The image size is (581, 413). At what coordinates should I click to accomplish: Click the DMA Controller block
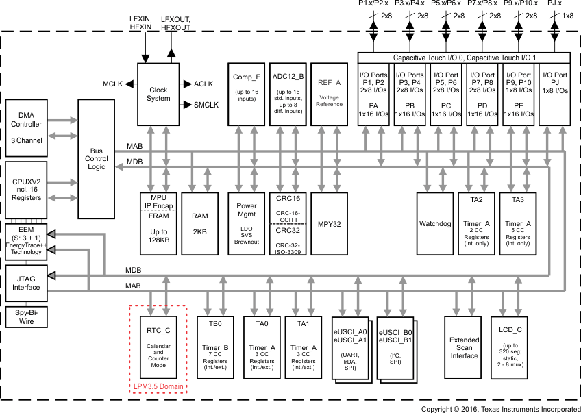26,127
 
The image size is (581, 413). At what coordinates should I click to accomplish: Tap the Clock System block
158,95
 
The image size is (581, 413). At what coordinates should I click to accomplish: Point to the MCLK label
112,84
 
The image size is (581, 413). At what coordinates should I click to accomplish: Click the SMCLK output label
206,105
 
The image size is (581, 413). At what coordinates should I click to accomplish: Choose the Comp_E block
247,94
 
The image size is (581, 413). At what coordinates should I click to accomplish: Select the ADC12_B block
287,94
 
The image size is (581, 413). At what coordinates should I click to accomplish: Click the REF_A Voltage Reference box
329,94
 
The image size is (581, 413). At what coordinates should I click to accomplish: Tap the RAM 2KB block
199,223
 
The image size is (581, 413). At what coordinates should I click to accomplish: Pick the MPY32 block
329,223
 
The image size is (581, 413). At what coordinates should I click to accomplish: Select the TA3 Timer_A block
517,223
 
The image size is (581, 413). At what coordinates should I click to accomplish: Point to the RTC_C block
158,347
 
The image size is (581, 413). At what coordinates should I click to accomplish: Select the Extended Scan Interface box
464,347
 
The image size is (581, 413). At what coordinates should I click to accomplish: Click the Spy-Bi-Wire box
26,316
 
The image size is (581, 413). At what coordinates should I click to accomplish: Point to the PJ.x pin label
554,4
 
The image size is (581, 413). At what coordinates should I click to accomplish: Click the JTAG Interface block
26,283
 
